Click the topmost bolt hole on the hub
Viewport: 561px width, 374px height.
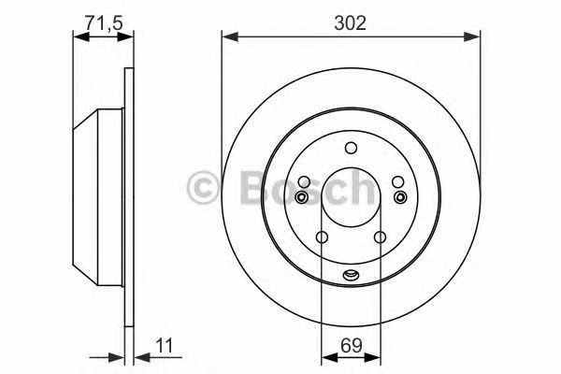351,147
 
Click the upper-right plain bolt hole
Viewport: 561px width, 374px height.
397,182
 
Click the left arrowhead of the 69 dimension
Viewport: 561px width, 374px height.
325,355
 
